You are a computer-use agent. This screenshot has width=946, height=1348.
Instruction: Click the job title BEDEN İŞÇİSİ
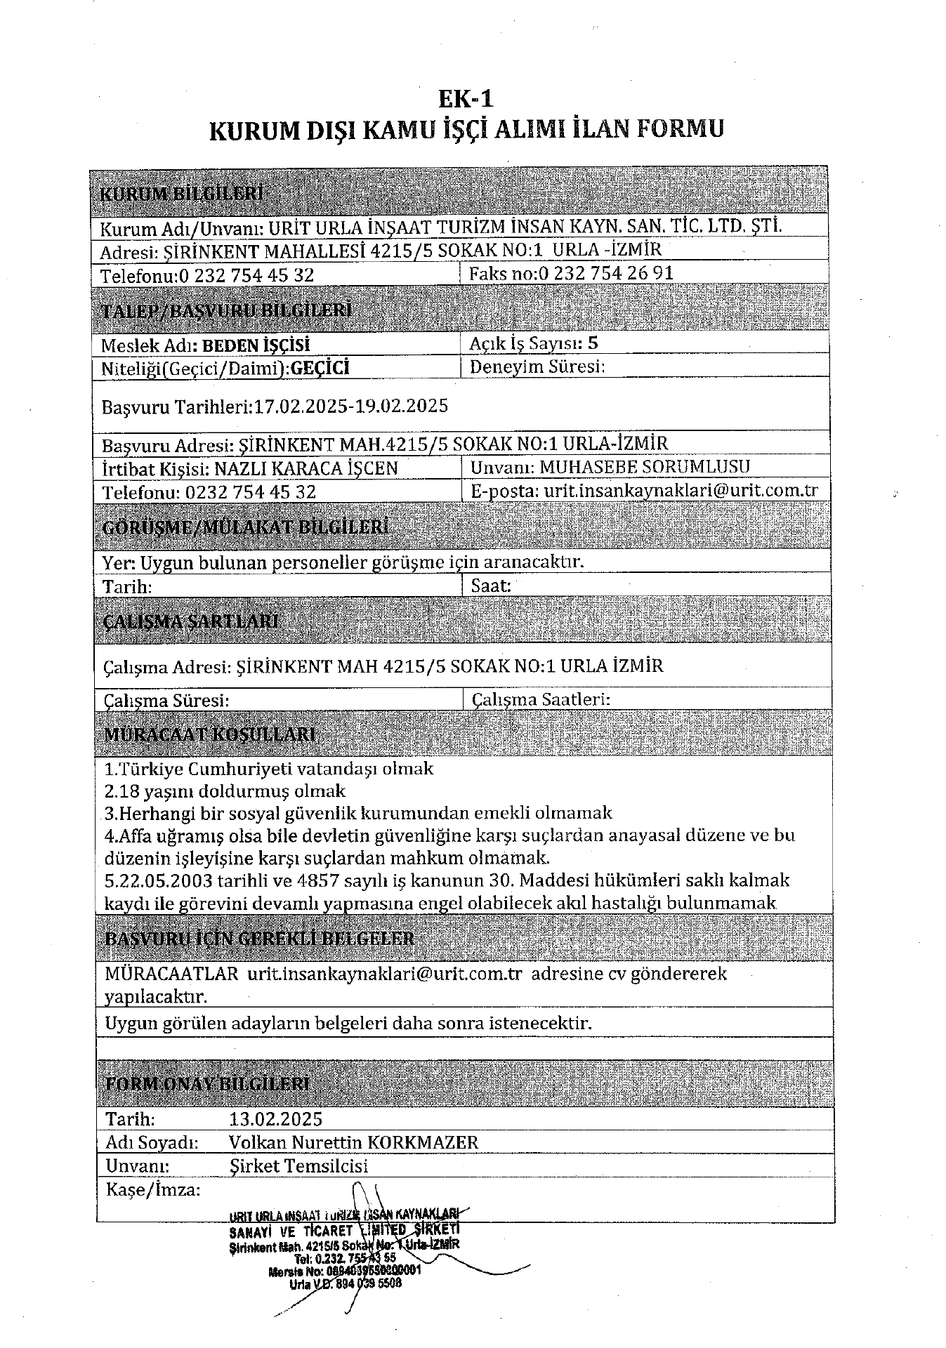pyautogui.click(x=256, y=345)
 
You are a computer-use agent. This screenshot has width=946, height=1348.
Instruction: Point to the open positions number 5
pyautogui.click(x=593, y=343)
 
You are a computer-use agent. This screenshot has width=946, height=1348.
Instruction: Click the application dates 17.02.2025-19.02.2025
pyautogui.click(x=350, y=406)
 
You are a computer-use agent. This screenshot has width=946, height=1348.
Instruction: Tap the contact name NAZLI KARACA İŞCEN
pyautogui.click(x=306, y=468)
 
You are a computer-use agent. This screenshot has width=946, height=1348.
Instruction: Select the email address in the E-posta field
pyautogui.click(x=681, y=491)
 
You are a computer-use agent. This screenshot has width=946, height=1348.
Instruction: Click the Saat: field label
pyautogui.click(x=491, y=586)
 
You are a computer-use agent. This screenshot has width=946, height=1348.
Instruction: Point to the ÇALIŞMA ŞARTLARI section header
pyautogui.click(x=190, y=621)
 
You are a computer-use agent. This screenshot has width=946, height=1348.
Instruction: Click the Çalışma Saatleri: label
pyautogui.click(x=541, y=699)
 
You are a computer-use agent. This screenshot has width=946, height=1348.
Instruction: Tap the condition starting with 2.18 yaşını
pyautogui.click(x=225, y=791)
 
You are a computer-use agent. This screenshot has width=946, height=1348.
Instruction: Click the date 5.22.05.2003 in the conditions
pyautogui.click(x=161, y=880)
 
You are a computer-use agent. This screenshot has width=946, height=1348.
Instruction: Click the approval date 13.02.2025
pyautogui.click(x=275, y=1118)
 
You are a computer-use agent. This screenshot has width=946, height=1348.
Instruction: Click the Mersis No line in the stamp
pyautogui.click(x=344, y=1270)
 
